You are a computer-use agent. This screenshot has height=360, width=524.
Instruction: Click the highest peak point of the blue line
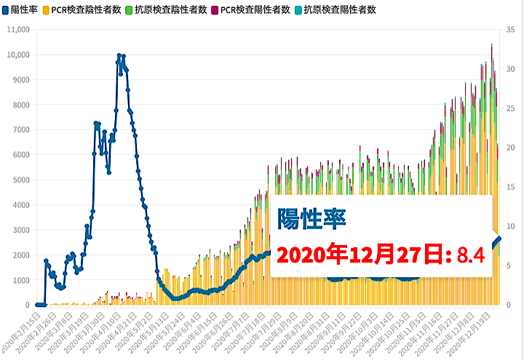[x=119, y=55]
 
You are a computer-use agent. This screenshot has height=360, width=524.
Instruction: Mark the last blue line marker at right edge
[x=499, y=239]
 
